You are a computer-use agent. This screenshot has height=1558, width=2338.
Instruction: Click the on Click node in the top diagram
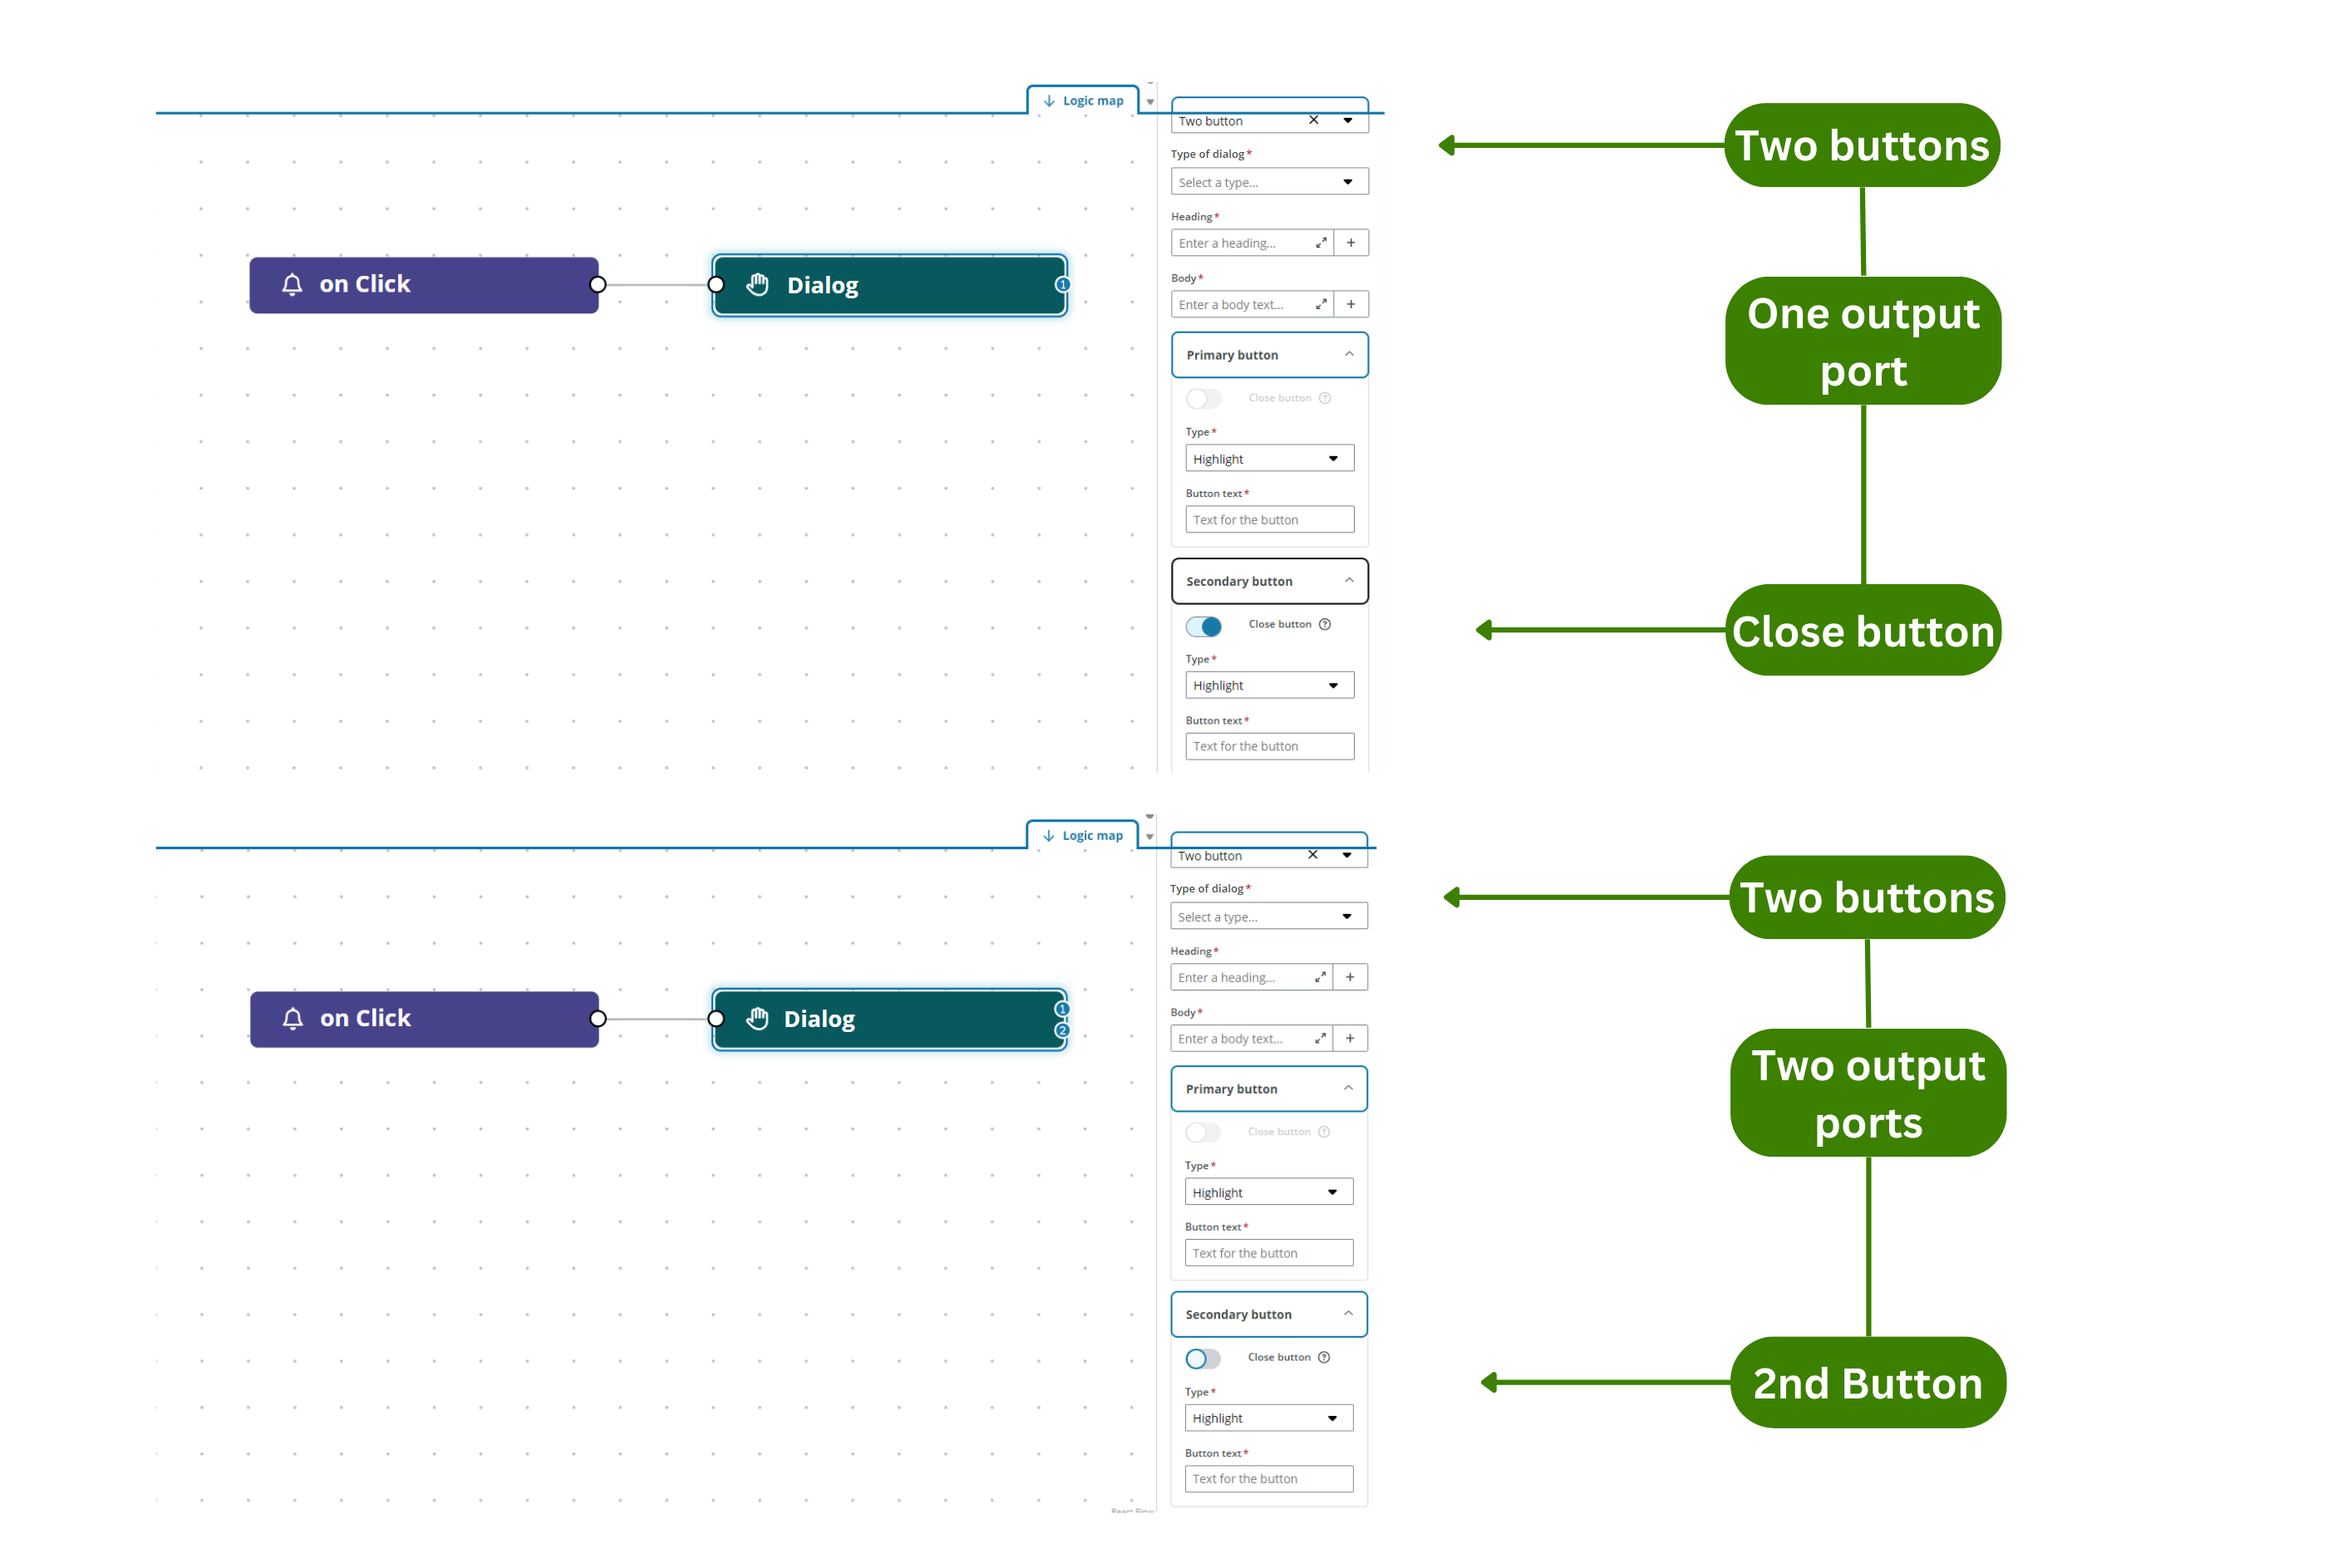point(422,284)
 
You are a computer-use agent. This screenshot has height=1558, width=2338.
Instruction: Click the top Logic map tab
point(1082,101)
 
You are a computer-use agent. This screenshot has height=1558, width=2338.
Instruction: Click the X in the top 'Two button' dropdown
point(1312,120)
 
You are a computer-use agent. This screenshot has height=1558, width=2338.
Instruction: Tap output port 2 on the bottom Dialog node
point(1061,1030)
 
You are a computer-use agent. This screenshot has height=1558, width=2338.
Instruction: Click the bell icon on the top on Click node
point(291,284)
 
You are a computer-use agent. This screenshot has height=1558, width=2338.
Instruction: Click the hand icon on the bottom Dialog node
point(757,1019)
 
